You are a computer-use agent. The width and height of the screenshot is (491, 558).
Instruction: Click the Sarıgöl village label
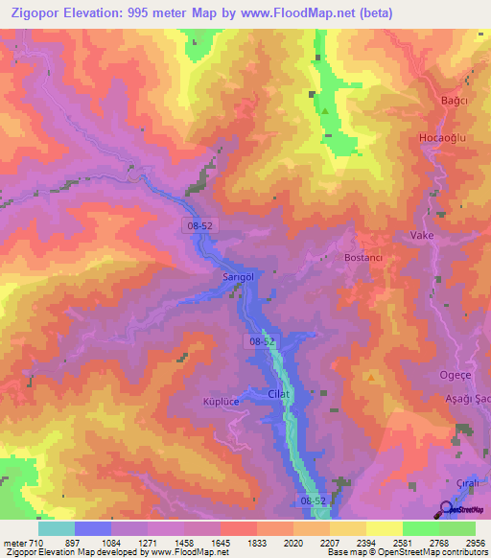tap(237, 275)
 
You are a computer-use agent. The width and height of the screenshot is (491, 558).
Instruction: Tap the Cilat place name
tap(279, 394)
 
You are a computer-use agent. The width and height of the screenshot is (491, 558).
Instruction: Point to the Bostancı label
tap(364, 258)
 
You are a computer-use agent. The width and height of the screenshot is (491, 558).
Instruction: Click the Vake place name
tap(422, 235)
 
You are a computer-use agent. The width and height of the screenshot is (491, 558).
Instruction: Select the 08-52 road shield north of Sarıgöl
tap(198, 223)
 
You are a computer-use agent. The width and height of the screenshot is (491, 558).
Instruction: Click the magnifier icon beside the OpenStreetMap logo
tap(445, 508)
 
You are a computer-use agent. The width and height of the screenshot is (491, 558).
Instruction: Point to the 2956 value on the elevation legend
tap(472, 543)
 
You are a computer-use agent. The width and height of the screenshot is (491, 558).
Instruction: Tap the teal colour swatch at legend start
tap(56, 528)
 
